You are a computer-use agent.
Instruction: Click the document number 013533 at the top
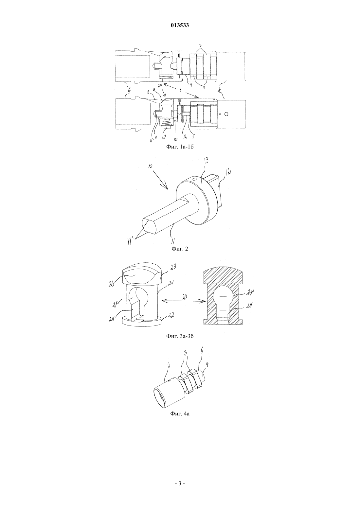pyautogui.click(x=180, y=26)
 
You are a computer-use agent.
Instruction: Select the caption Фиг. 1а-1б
pyautogui.click(x=180, y=147)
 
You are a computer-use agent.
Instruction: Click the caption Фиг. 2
pyautogui.click(x=180, y=249)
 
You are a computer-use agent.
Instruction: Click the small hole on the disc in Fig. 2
pyautogui.click(x=195, y=180)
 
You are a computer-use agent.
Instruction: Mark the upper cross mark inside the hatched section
pyautogui.click(x=224, y=296)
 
